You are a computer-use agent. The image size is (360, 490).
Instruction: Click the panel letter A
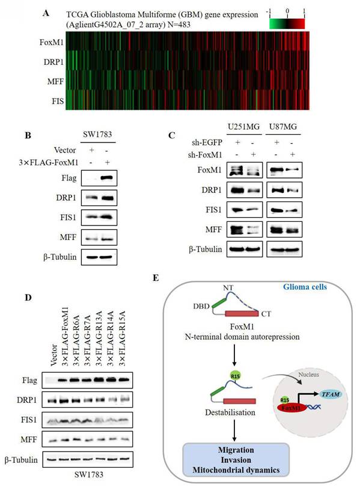coord(46,13)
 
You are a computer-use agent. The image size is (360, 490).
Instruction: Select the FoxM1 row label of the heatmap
coord(52,42)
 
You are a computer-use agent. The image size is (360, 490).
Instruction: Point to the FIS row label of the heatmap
coord(58,101)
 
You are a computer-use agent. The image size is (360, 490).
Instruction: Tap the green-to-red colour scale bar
coord(287,24)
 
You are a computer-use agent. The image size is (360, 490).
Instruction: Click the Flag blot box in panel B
coord(99,179)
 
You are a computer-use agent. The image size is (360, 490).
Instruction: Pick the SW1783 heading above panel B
coord(97,135)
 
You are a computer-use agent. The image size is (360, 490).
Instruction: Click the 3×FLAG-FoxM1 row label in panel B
coord(49,162)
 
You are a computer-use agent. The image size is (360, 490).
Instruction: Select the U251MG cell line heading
coord(244,127)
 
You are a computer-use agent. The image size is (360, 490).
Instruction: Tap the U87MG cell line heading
coord(283,127)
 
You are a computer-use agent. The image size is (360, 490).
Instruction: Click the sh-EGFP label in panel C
coord(207,142)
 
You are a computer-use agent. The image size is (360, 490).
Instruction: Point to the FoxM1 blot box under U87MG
coord(284,170)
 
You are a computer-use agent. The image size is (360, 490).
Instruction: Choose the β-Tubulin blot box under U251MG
coord(245,249)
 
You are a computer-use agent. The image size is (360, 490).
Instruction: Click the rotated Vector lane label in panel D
coord(54,355)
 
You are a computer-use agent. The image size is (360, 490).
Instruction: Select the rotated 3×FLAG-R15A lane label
coord(122,338)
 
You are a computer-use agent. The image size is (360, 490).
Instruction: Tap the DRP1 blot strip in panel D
coord(88,399)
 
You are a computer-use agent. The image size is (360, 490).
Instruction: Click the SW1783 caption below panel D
coord(89,475)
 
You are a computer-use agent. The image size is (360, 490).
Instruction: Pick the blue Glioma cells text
coord(305,287)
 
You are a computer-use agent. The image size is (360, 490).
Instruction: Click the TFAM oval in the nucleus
coord(331,394)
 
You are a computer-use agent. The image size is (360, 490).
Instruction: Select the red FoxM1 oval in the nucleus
coord(292,408)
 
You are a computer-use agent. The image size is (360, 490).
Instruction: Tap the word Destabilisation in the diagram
coord(230,412)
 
